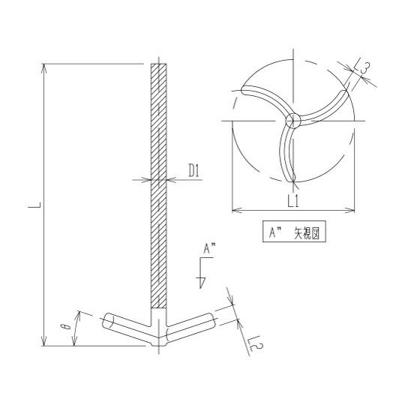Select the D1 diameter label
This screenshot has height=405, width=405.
coord(193,172)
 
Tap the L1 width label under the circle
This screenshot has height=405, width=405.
coord(293,202)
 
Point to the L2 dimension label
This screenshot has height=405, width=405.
coord(253,343)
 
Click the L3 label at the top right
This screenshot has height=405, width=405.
coord(363,69)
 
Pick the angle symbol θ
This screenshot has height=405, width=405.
coord(64,328)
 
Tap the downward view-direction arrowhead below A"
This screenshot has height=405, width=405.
coord(201,282)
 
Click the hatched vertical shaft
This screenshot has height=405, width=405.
coord(159,187)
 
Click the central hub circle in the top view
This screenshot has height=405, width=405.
coord(293,120)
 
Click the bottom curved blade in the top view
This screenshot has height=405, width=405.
coord(285,154)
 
